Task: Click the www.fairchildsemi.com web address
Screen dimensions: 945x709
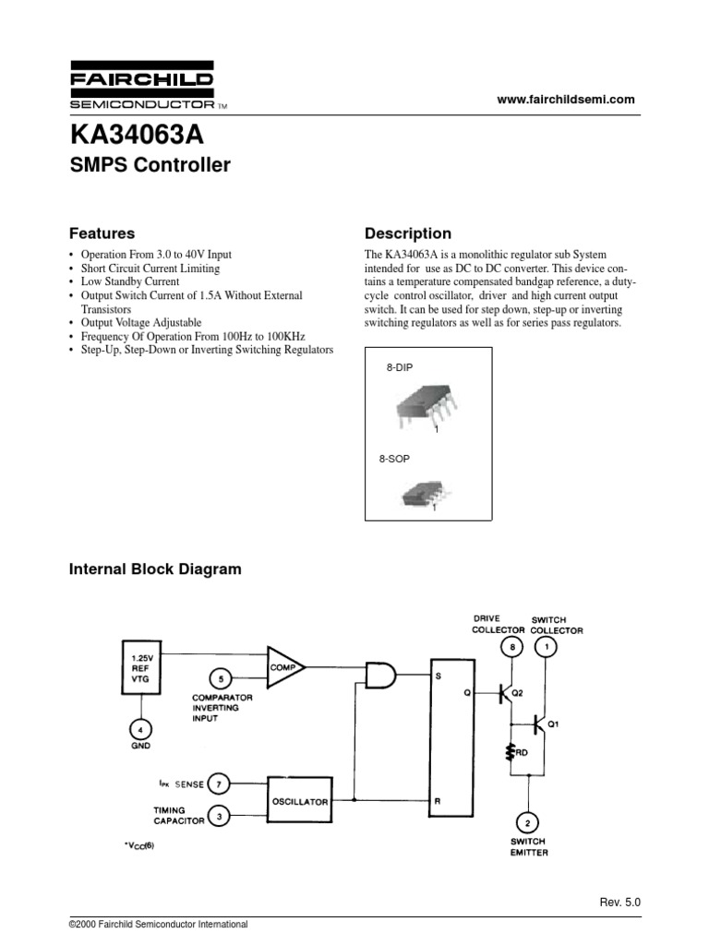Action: (566, 100)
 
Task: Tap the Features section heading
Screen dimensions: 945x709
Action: (102, 233)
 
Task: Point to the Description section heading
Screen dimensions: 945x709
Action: (408, 233)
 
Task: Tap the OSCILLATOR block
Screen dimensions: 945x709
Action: (299, 802)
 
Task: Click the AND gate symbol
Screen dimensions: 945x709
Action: (380, 676)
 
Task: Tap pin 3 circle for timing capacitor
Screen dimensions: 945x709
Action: (218, 815)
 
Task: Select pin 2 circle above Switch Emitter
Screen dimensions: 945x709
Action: (527, 823)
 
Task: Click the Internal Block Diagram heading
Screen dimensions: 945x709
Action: (155, 569)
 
